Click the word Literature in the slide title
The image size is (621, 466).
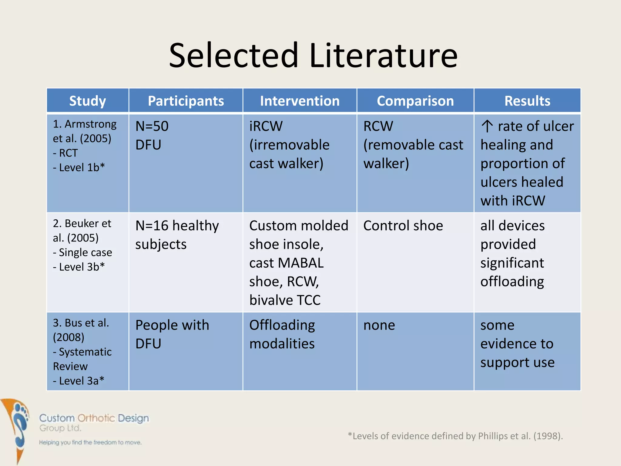[383, 56]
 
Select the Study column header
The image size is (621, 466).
[88, 101]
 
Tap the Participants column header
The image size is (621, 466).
[186, 101]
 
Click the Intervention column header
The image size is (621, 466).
[300, 101]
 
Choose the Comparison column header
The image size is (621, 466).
[415, 101]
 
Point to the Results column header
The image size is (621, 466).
[527, 101]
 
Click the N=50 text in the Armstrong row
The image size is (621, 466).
[152, 126]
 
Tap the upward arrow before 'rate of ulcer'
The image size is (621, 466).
[487, 126]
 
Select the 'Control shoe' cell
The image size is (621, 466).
[403, 226]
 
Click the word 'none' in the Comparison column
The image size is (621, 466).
[379, 325]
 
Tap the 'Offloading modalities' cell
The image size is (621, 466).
[282, 334]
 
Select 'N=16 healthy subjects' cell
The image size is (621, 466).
[177, 235]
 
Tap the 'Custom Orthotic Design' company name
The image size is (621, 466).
[94, 418]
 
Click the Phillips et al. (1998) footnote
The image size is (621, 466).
[455, 436]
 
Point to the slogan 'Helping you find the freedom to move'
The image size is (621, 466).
[90, 443]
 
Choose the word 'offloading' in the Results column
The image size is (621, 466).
[512, 282]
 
